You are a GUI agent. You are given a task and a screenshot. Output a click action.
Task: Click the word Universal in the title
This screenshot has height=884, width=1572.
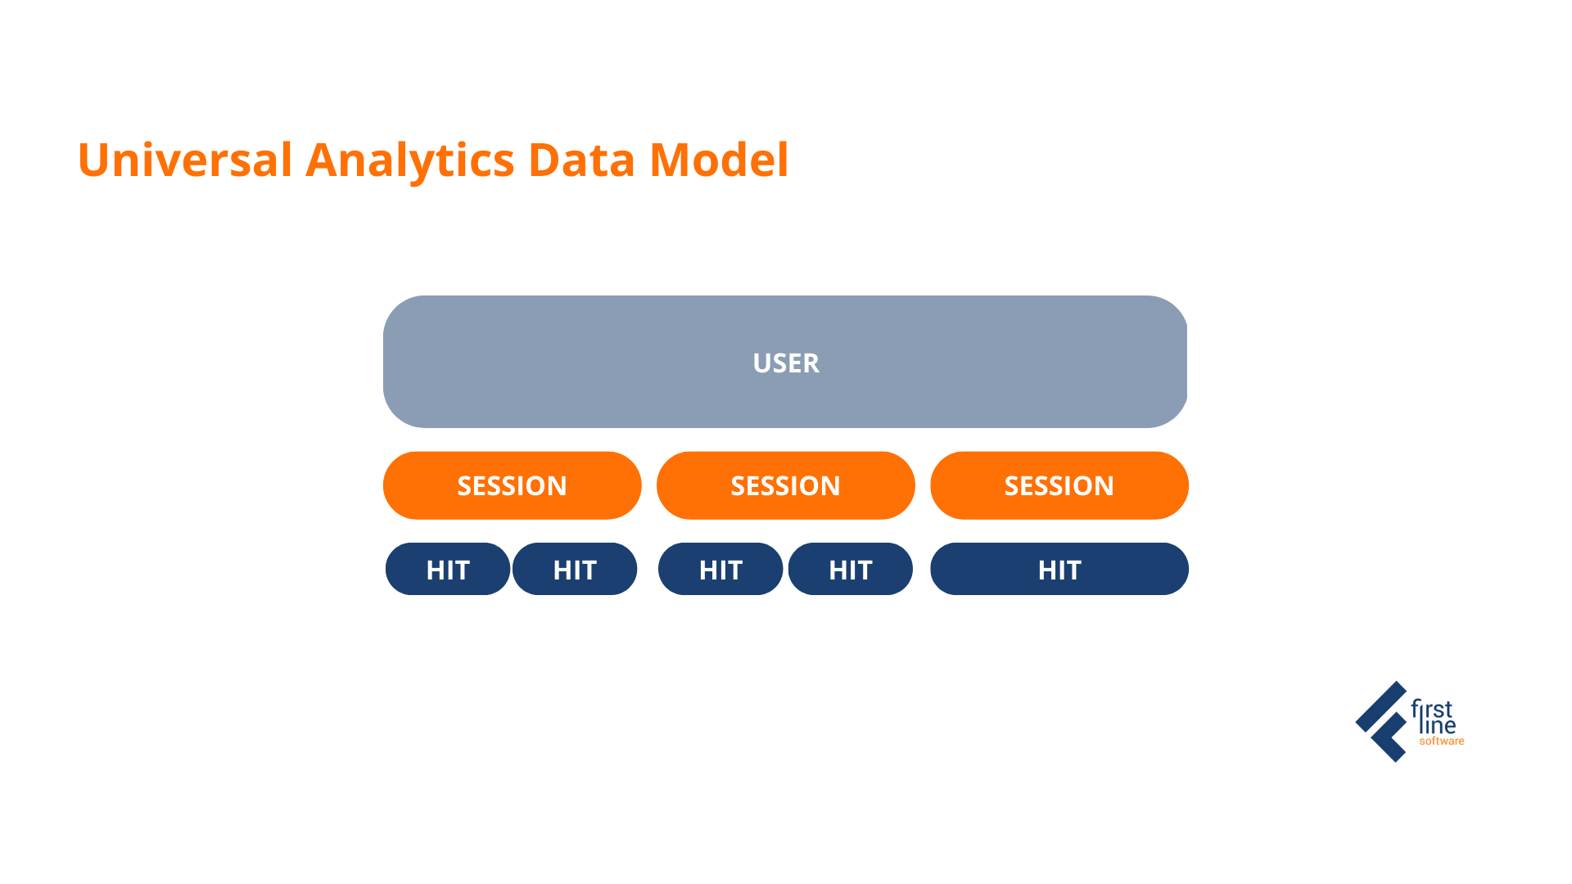point(185,160)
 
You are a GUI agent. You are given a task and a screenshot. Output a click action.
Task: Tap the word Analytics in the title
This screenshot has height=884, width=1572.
point(409,160)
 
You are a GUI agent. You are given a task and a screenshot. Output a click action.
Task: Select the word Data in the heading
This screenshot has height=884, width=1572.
point(581,160)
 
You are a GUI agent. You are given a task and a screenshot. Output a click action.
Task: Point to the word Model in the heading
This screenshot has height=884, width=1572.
point(719,160)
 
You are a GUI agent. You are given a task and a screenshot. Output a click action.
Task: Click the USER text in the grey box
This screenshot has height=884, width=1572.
point(786,363)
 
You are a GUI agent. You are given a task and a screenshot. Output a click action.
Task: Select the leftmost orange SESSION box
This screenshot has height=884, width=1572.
point(512,485)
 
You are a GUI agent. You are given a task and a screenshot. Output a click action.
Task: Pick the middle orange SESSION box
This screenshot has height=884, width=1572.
point(785,485)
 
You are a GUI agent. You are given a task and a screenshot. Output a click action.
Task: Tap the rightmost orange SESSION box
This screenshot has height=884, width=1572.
point(1059,485)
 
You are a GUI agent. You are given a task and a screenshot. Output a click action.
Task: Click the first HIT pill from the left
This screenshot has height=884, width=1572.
point(448,570)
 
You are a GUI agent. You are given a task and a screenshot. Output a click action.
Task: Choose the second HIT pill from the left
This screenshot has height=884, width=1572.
point(575,570)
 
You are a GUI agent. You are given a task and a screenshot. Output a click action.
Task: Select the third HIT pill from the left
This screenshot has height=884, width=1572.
point(720,570)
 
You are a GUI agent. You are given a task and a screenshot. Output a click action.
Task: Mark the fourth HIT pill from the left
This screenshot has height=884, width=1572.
point(850,570)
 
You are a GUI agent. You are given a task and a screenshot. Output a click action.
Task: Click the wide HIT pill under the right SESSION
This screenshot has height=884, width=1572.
point(1059,570)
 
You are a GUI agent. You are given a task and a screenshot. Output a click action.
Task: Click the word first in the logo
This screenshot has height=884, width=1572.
point(1432,709)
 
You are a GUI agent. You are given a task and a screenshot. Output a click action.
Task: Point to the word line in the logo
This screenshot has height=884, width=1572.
point(1438,726)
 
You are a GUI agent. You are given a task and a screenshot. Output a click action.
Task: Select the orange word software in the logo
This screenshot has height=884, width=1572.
point(1442,742)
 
